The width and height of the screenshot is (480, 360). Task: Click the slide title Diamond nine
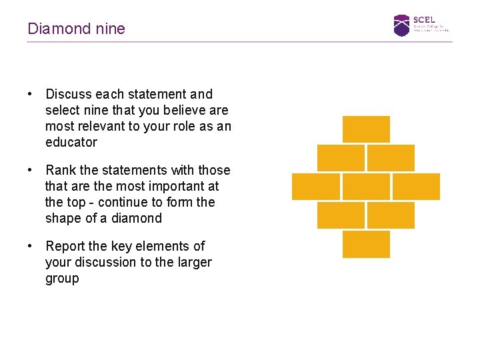point(76,29)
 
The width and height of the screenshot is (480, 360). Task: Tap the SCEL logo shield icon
point(401,25)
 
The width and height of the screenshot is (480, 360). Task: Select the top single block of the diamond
point(366,129)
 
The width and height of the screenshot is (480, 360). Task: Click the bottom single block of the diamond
point(366,244)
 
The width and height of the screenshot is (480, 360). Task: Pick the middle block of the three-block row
point(366,187)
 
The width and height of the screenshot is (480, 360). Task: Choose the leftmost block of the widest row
point(315,187)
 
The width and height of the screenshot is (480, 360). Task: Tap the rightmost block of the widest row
point(416,187)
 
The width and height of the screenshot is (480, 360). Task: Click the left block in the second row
point(341,157)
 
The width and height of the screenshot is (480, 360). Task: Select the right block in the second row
point(391,157)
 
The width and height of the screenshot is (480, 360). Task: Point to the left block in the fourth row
point(341,215)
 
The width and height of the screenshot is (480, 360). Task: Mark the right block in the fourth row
point(391,215)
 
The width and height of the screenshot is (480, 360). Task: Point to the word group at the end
point(62,278)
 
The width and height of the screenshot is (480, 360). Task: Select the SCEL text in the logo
point(423,20)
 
